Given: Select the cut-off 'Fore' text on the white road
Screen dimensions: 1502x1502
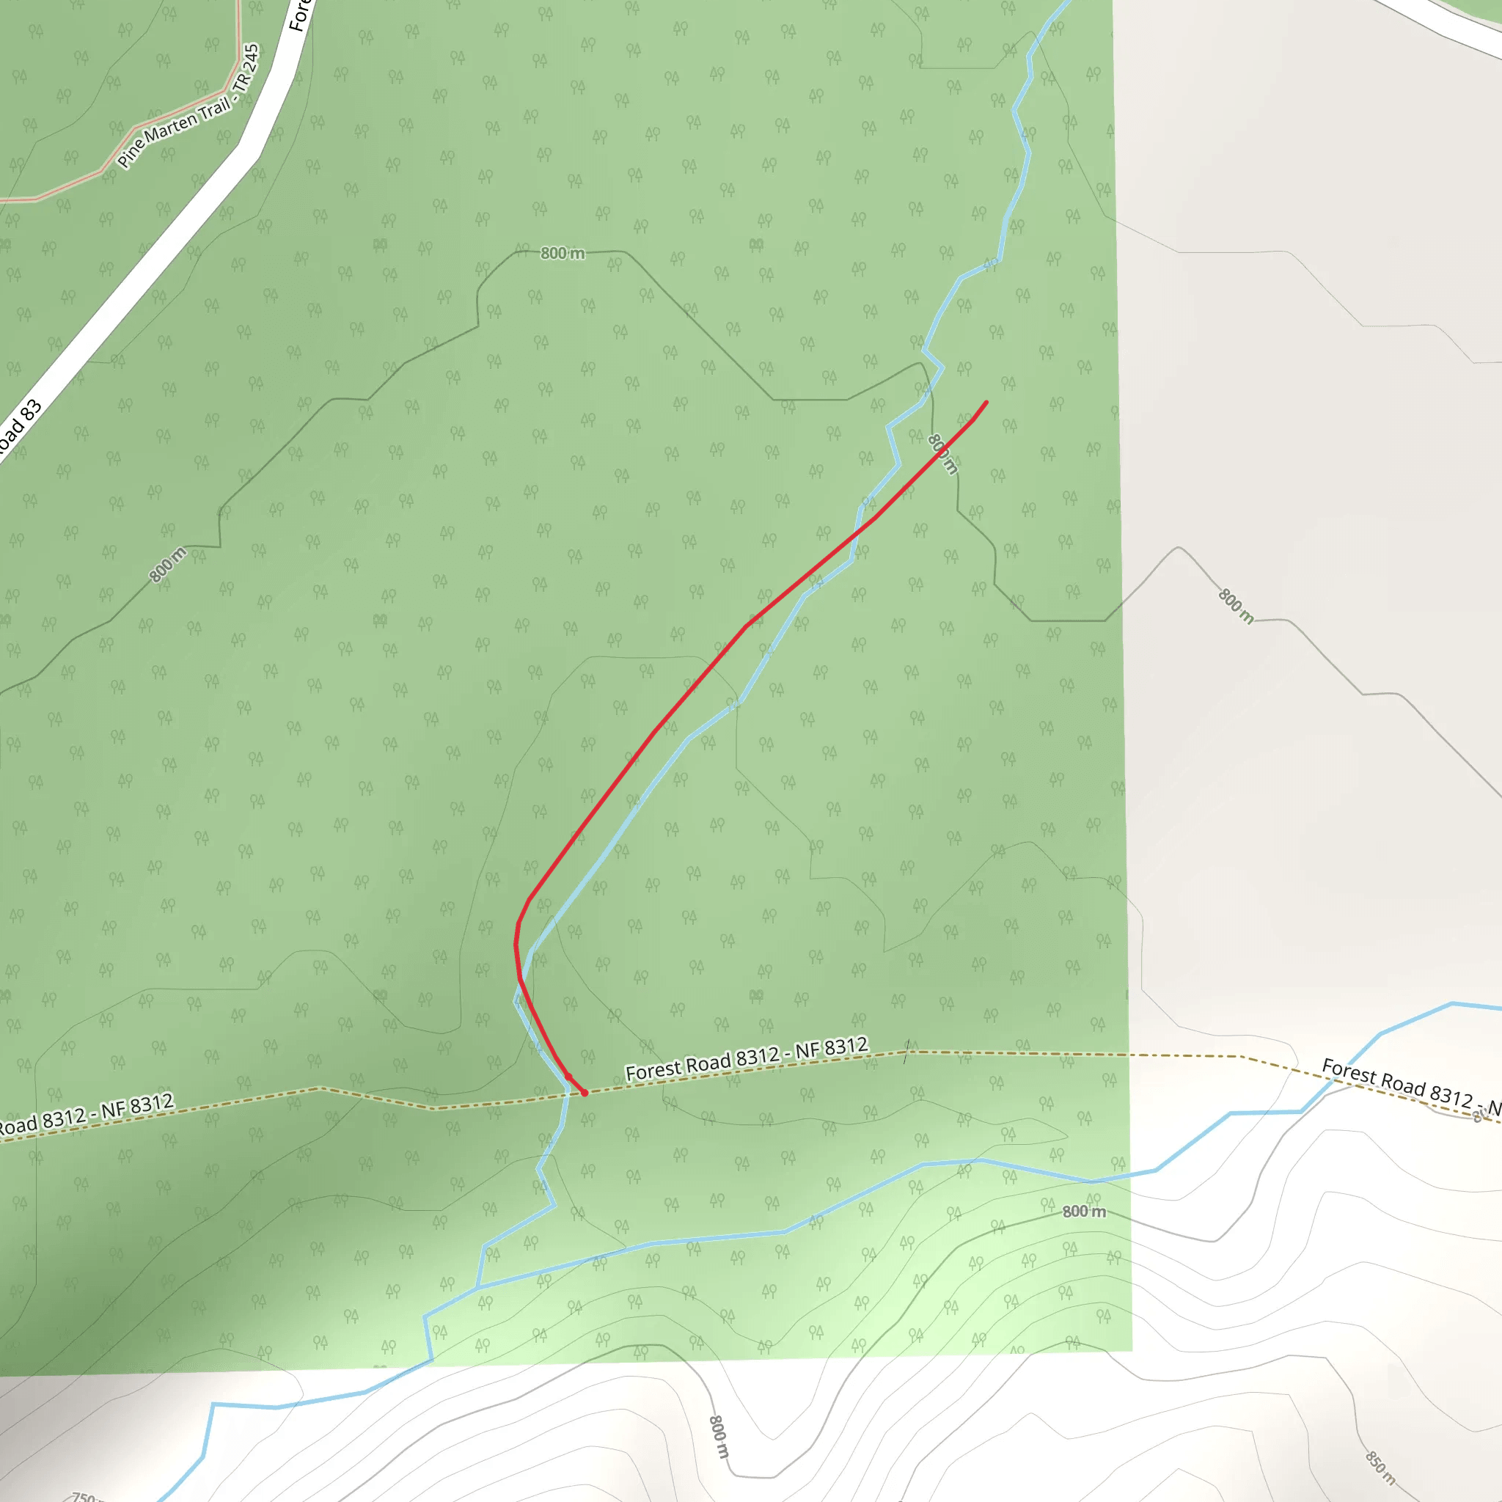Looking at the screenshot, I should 299,14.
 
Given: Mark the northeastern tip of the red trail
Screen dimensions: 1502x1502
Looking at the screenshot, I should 986,402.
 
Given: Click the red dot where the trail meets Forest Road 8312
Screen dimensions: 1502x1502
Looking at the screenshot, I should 585,1093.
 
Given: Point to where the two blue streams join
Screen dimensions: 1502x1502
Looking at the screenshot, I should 477,1287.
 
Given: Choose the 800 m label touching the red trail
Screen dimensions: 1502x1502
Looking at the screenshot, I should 942,454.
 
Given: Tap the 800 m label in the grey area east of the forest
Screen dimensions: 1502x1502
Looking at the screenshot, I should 1235,607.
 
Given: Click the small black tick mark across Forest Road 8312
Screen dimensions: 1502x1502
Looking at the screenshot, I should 906,1052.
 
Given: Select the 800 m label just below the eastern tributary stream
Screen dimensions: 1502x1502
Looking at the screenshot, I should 1084,1212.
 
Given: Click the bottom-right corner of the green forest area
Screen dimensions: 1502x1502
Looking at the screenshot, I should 1132,1351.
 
